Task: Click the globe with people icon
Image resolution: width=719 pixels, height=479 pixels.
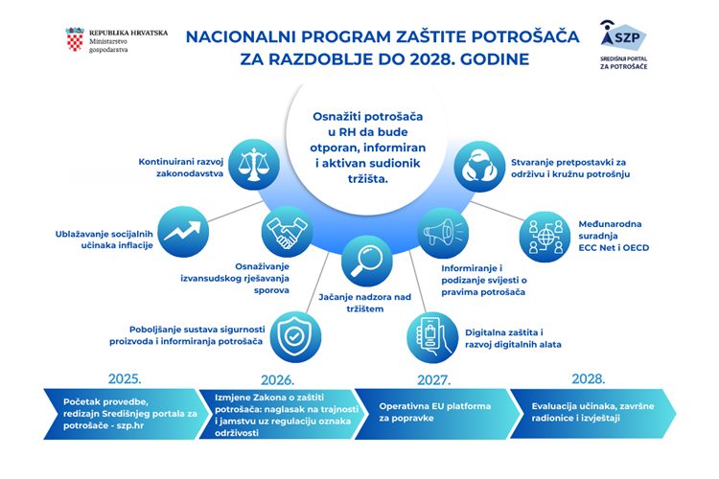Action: [x=544, y=233]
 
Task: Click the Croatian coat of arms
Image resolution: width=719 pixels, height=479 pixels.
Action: [x=74, y=39]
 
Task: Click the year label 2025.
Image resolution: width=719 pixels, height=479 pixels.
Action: [x=126, y=378]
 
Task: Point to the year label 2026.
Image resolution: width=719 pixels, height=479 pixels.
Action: [x=277, y=378]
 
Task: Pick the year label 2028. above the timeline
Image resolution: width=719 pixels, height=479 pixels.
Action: [x=587, y=378]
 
